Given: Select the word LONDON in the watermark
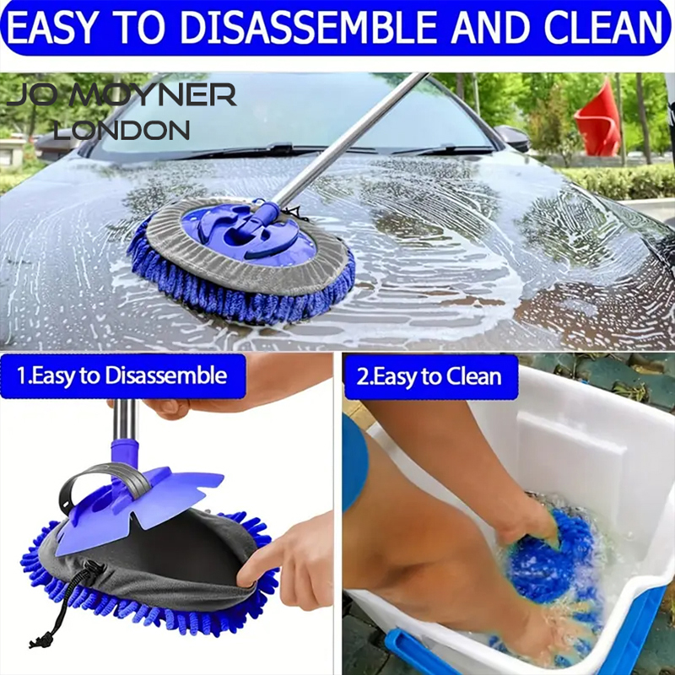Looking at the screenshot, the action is (x=121, y=130).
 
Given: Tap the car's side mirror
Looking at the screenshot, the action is (x=512, y=137).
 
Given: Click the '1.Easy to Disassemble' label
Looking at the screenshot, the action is (x=122, y=375).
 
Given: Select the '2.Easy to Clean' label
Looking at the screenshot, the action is (x=430, y=376).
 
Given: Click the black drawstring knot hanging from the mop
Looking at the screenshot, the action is (x=38, y=640).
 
